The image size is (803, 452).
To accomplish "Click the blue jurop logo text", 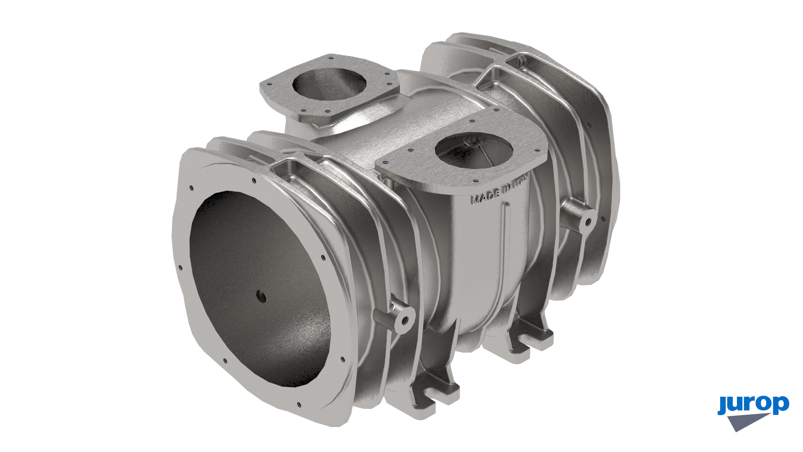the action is click(753, 405).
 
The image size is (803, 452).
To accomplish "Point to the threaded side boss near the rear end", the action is click(580, 215).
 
